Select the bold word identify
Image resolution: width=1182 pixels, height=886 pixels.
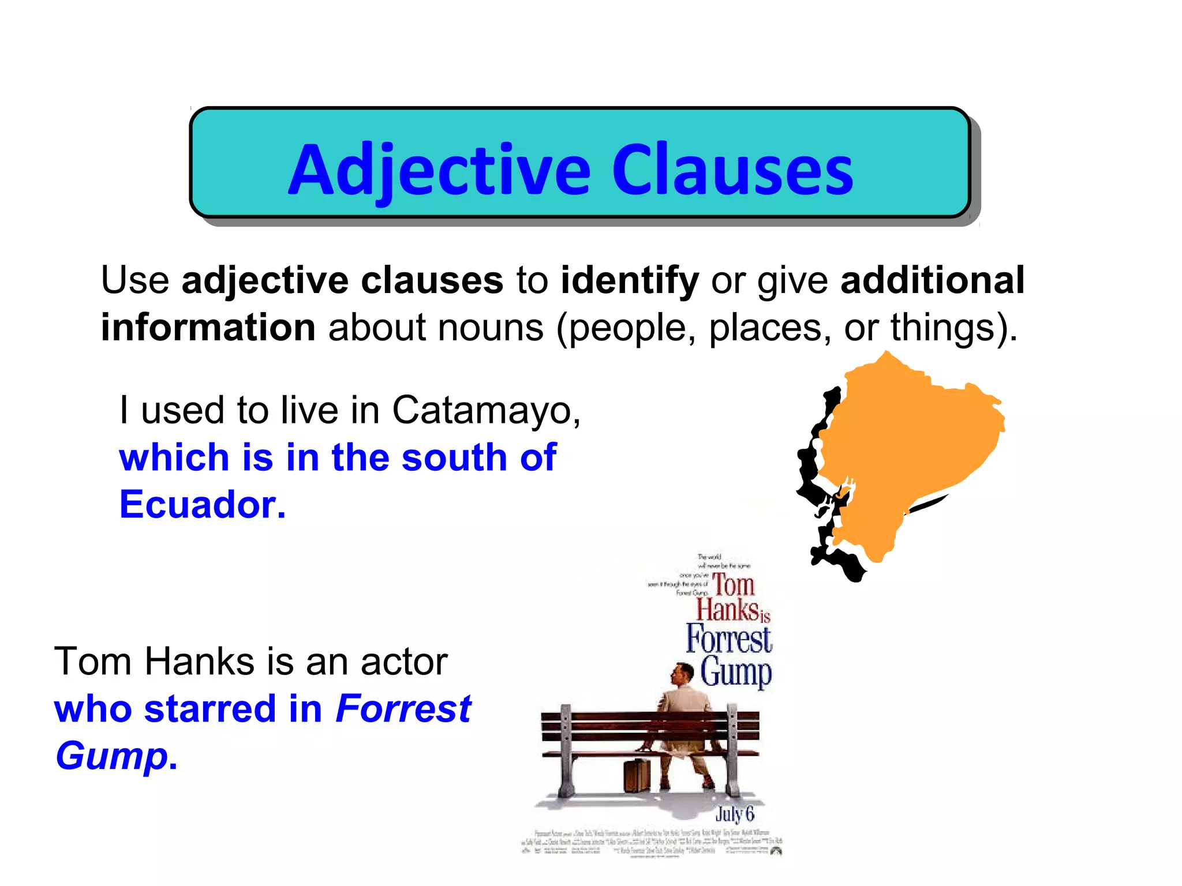630,281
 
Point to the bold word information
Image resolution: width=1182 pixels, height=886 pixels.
208,327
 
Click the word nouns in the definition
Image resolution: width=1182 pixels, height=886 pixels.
491,327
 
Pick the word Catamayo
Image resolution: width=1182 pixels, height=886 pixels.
486,411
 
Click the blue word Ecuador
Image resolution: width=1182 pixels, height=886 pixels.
202,505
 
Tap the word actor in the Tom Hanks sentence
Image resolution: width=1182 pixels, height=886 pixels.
404,661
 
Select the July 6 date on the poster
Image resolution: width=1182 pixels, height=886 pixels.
734,814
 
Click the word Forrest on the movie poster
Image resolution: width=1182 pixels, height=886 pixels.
729,639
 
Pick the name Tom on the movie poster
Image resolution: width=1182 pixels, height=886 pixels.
734,585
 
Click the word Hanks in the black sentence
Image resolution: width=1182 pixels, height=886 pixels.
199,661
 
